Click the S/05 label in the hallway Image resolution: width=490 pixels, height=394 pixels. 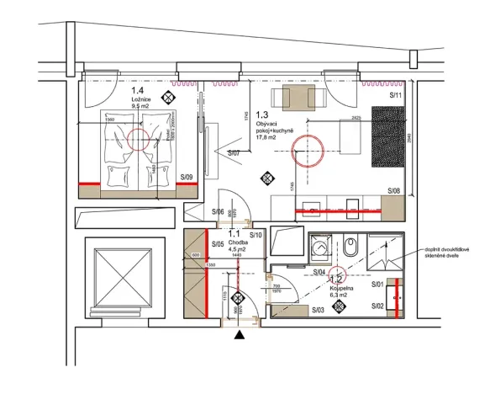tap(218, 245)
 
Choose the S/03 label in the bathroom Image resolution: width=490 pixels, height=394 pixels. tap(318, 311)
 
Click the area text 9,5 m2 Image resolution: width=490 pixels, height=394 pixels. tap(140, 107)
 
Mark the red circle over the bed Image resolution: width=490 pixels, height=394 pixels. tap(140, 138)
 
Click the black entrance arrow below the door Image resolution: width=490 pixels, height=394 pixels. tap(241, 335)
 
